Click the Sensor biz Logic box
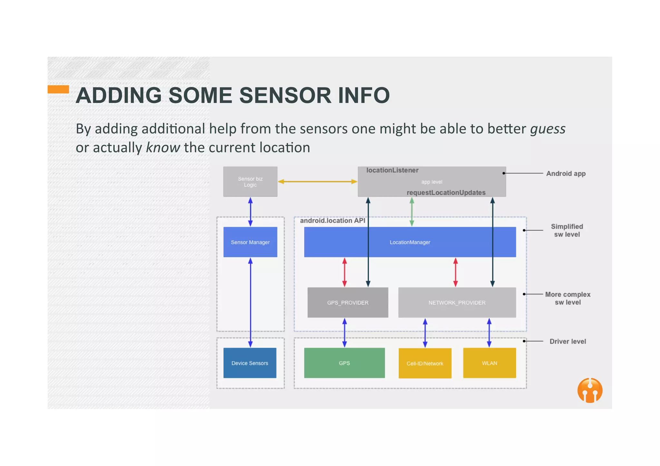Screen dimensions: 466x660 [250, 182]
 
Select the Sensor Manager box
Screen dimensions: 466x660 [250, 242]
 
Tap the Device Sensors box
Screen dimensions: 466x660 [250, 363]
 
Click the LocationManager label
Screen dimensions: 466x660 [410, 242]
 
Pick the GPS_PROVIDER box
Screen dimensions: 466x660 [347, 303]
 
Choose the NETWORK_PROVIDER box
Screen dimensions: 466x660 [457, 303]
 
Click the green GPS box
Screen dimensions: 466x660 [344, 363]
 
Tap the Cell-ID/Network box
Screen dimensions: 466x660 [425, 363]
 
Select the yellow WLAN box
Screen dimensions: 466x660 [489, 363]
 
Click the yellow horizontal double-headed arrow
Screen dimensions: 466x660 [317, 182]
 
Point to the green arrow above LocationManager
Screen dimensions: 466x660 [412, 211]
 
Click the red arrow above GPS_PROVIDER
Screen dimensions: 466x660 [345, 272]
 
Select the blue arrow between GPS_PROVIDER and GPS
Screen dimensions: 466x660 [345, 332]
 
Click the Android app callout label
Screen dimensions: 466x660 [566, 173]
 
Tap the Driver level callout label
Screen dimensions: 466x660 [568, 341]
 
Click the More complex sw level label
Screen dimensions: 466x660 [568, 298]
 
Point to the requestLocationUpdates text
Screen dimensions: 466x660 [446, 192]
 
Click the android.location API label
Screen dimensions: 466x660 [332, 220]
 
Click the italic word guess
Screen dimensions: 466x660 [548, 129]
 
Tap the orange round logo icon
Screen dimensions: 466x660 [590, 390]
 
